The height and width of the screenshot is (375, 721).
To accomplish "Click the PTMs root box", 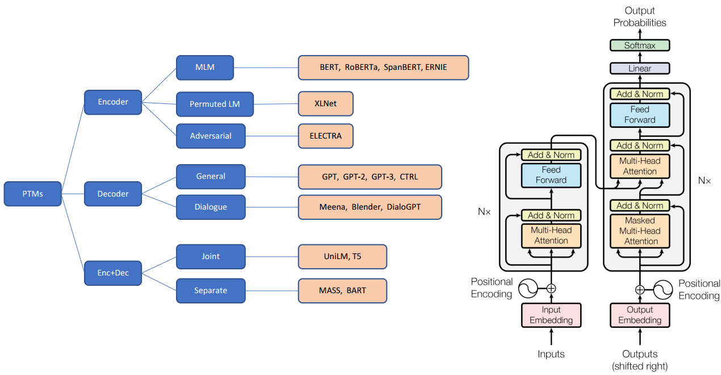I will click(32, 194).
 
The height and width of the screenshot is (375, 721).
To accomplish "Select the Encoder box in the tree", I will click(113, 102).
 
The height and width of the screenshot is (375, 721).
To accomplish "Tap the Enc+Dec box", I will click(113, 273).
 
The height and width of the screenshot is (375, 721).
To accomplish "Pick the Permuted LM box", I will click(215, 104).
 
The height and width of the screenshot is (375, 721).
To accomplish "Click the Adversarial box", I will click(211, 136).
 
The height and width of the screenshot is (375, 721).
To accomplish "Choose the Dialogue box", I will click(211, 207).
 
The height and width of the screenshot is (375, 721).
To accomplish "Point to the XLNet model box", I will click(325, 104).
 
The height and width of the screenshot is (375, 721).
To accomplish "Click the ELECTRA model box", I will click(325, 136).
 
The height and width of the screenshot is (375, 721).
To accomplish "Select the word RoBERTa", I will click(362, 67).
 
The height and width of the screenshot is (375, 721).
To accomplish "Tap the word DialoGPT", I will click(404, 207).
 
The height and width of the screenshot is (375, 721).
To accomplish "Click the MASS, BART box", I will click(342, 290).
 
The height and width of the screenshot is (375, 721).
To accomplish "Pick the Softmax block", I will click(640, 45).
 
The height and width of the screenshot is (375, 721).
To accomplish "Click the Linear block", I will click(640, 68).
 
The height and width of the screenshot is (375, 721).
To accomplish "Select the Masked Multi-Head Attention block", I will click(640, 231).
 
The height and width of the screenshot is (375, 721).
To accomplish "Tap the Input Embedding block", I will click(551, 315).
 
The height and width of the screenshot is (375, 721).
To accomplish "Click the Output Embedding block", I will click(640, 315).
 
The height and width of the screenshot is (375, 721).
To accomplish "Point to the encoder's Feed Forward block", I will click(551, 175).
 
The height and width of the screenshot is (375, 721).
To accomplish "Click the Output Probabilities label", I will click(640, 16).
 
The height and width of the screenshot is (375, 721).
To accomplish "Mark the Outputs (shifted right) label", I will click(640, 360).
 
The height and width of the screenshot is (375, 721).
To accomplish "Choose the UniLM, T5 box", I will click(342, 256).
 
